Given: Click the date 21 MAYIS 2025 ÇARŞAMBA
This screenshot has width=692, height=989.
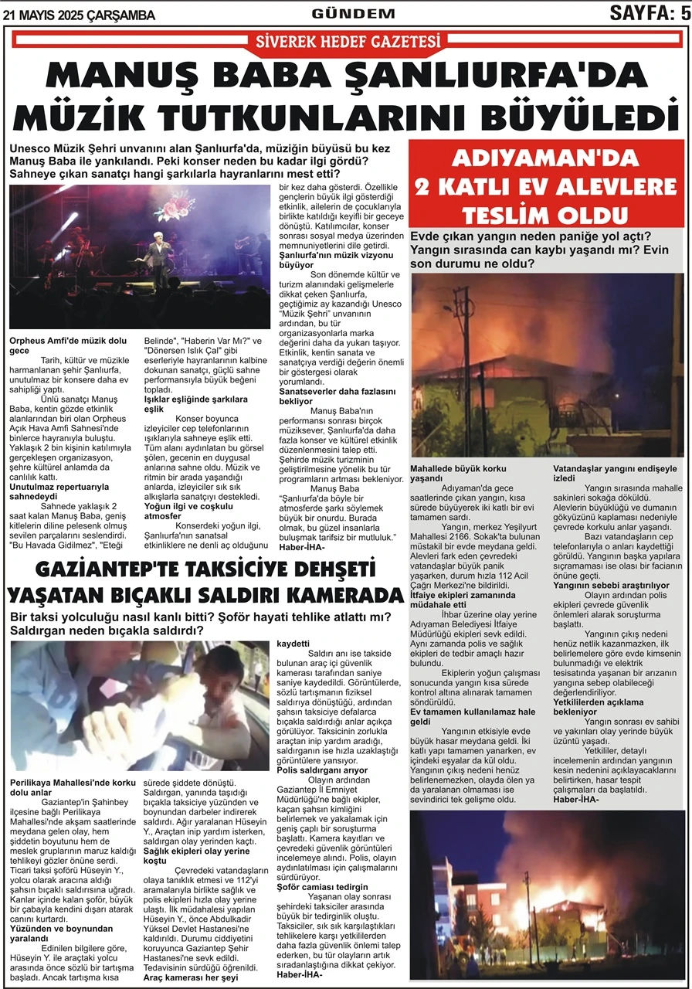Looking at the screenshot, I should click(x=80, y=15).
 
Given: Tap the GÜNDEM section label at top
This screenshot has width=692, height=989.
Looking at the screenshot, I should click(x=354, y=14).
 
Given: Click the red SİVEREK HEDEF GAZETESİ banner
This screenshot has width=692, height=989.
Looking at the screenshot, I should click(x=348, y=42).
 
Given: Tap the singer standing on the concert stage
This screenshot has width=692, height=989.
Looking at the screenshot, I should click(x=158, y=259).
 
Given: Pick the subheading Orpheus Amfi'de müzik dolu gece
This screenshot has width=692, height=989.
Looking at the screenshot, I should click(x=67, y=345).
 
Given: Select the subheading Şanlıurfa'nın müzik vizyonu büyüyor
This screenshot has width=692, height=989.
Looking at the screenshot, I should click(x=336, y=260).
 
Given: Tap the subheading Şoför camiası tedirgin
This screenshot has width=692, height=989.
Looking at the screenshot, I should click(x=322, y=887).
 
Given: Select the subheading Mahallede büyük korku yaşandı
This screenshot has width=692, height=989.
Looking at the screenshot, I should click(x=459, y=474).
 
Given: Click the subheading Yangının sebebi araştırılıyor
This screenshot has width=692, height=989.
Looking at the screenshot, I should click(x=611, y=586).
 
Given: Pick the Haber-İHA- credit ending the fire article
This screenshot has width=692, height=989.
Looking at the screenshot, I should click(x=576, y=799).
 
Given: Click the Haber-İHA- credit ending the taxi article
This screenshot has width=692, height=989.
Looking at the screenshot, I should click(x=299, y=974).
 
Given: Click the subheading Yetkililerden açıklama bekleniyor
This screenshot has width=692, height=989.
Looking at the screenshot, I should click(x=599, y=708).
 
